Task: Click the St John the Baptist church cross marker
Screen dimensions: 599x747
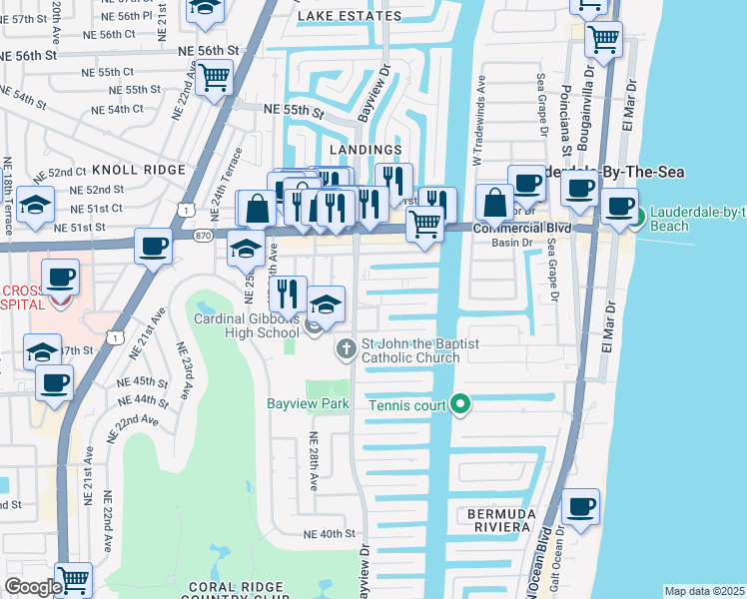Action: click(x=345, y=348)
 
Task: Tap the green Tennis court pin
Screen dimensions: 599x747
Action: click(x=459, y=404)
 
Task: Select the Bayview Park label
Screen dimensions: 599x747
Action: click(x=308, y=404)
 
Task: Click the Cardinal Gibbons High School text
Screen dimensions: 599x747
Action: click(x=250, y=325)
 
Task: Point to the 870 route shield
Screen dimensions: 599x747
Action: click(x=204, y=234)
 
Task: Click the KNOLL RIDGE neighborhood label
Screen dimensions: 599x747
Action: click(x=139, y=171)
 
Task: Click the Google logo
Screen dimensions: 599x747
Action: click(x=33, y=587)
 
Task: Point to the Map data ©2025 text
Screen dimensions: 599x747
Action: click(x=704, y=591)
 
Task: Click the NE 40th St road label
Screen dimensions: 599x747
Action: click(x=322, y=534)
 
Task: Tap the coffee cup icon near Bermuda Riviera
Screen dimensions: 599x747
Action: click(x=580, y=505)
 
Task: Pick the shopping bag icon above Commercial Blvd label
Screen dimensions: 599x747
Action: click(x=494, y=203)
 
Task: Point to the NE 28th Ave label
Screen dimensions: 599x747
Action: click(x=314, y=462)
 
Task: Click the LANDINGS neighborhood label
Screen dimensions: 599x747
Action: click(x=371, y=150)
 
